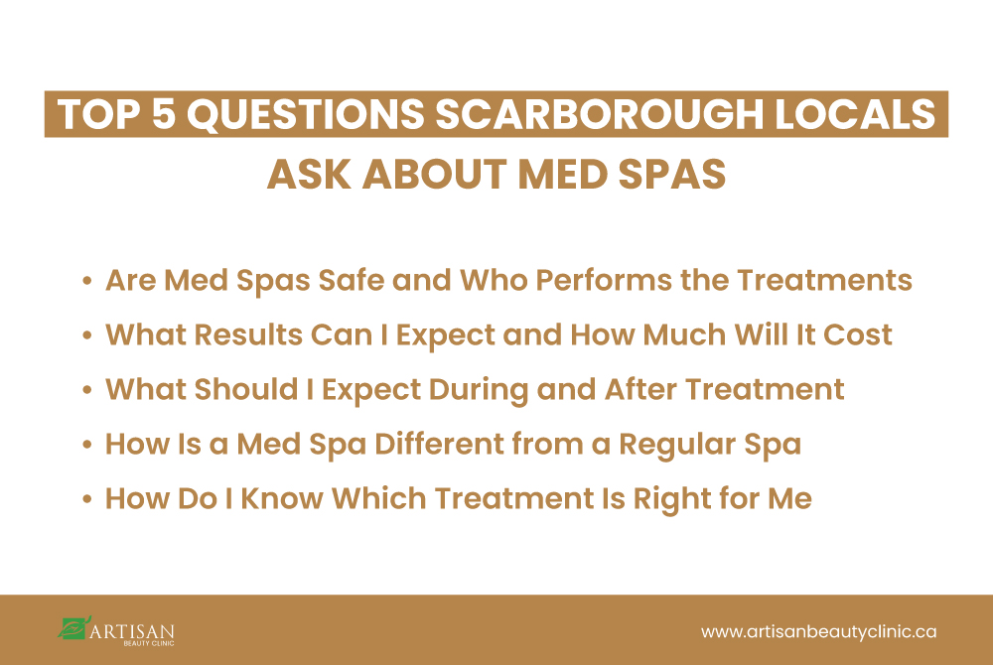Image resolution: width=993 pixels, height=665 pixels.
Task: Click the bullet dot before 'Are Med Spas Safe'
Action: (x=88, y=282)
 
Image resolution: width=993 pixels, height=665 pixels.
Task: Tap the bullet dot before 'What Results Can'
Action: (x=88, y=336)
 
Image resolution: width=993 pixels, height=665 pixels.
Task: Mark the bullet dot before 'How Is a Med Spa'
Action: (x=88, y=445)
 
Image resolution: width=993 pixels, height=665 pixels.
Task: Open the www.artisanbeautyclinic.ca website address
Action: (x=819, y=631)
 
